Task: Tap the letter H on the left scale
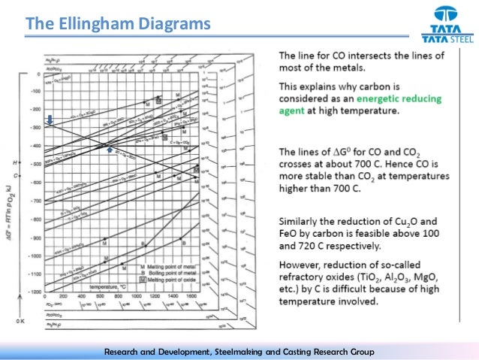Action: (x=15, y=163)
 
